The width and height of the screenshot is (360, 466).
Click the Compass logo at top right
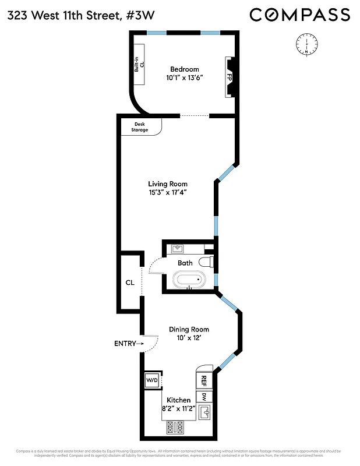point(300,15)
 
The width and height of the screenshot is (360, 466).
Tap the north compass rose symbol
point(306,44)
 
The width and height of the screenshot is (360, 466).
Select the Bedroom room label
point(185,69)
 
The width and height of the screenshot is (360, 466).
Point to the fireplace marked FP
point(230,76)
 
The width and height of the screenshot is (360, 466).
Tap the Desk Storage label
point(139,126)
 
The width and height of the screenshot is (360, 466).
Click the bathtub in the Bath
point(189,281)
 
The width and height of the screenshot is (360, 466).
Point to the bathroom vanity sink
point(179,249)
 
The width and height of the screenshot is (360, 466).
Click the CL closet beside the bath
point(130,283)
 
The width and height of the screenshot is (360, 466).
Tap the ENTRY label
point(125,344)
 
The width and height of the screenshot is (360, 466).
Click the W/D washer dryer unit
point(152,380)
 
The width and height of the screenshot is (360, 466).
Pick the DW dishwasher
point(204,397)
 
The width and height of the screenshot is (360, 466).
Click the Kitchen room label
point(179,400)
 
